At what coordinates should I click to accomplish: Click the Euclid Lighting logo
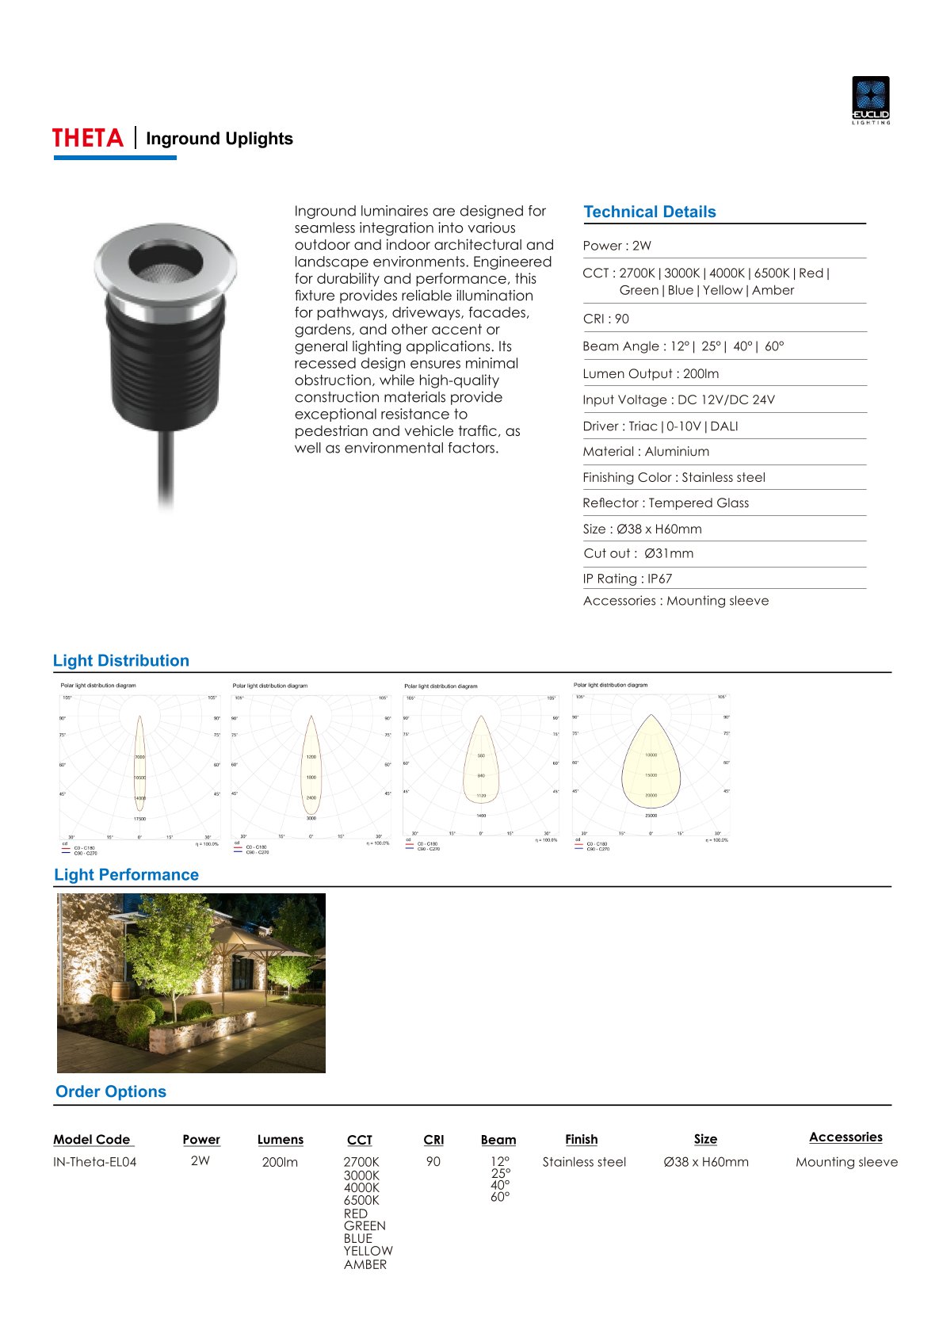click(870, 100)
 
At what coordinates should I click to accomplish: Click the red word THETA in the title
click(88, 139)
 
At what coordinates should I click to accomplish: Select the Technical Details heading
click(649, 212)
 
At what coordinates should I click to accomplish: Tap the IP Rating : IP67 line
click(627, 579)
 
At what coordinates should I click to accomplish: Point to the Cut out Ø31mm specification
click(638, 553)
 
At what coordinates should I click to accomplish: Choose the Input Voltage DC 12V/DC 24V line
click(678, 399)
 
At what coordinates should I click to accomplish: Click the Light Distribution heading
click(121, 661)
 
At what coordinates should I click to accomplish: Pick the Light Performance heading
click(126, 875)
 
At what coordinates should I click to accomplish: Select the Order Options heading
click(111, 1091)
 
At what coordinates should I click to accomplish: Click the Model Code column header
click(92, 1140)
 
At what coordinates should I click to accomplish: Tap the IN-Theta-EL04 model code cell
click(94, 1162)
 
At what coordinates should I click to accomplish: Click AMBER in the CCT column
click(365, 1264)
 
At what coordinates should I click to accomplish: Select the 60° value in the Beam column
click(500, 1197)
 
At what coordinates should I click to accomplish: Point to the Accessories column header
click(846, 1137)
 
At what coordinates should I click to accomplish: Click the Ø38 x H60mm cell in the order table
click(705, 1162)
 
